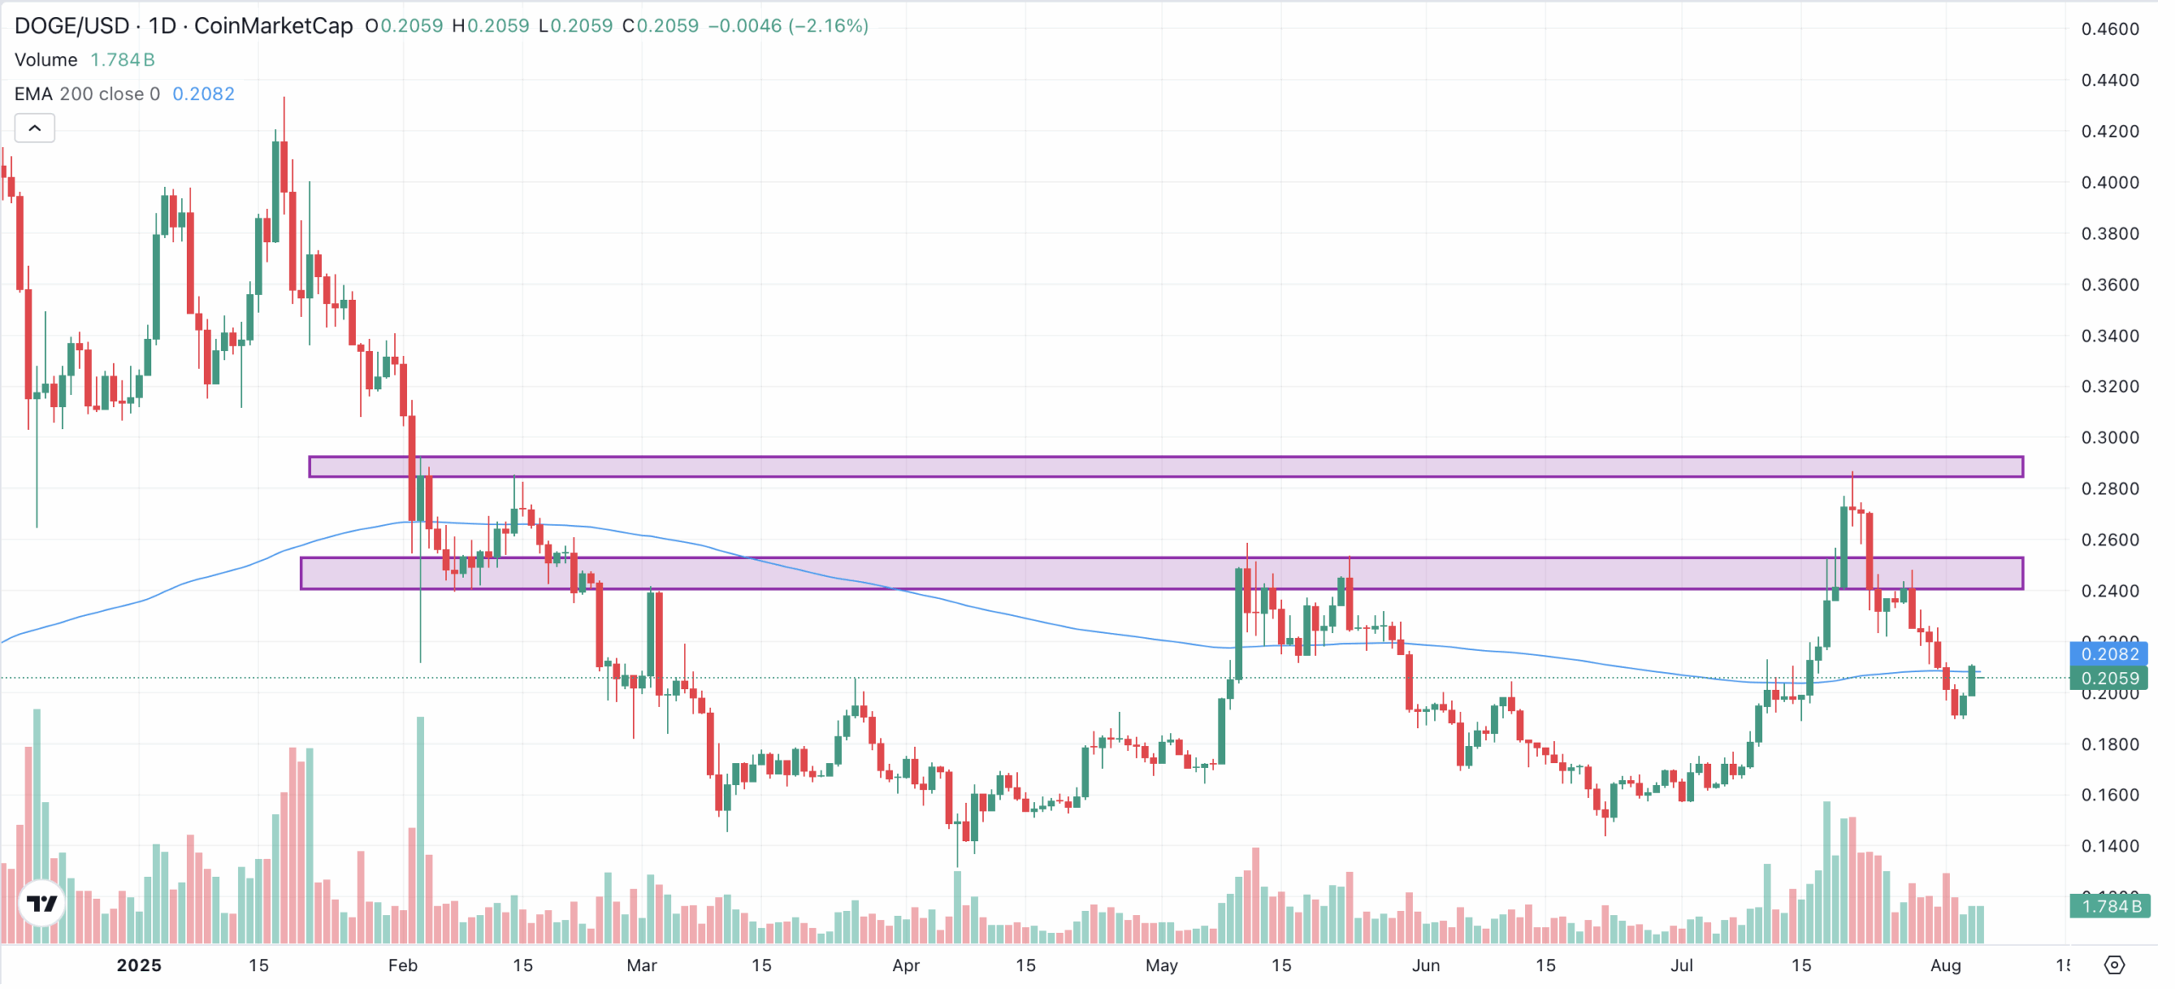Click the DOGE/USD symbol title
(x=72, y=25)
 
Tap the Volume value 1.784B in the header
(x=122, y=59)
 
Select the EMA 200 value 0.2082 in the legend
(x=203, y=93)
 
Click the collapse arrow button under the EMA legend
(x=35, y=128)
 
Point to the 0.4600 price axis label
(x=2110, y=29)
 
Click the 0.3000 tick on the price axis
(x=2110, y=438)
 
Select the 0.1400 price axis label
(x=2110, y=846)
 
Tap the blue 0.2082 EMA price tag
(x=2109, y=654)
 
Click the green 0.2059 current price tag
(x=2109, y=679)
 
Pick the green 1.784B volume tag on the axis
(x=2110, y=907)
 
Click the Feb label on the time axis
(x=403, y=966)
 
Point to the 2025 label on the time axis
(x=138, y=966)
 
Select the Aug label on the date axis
(x=1946, y=966)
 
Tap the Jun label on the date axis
(x=1426, y=966)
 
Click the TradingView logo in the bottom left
(x=42, y=903)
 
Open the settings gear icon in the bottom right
(x=2114, y=965)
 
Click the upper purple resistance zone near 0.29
(x=1166, y=466)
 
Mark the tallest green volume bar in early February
(x=421, y=829)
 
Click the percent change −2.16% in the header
(x=829, y=25)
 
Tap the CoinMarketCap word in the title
(x=273, y=25)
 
